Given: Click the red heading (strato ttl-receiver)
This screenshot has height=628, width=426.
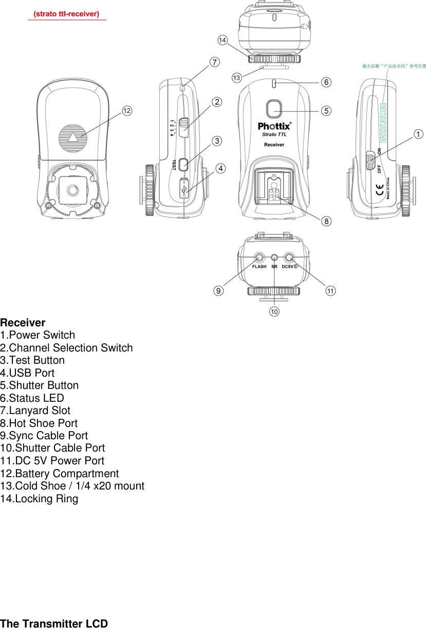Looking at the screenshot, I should click(x=66, y=14).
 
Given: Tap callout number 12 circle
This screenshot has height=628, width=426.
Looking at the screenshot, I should click(x=127, y=110).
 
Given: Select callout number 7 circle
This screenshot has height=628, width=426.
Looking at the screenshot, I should click(x=215, y=62).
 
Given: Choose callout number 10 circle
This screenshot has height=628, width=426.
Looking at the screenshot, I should click(x=274, y=311).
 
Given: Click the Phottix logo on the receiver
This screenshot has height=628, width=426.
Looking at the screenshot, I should click(x=274, y=126).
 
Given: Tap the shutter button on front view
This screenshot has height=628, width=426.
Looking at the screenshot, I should click(x=275, y=109).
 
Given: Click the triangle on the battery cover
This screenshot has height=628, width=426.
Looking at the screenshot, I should click(x=73, y=137).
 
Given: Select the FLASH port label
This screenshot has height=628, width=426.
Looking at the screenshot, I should click(x=259, y=267).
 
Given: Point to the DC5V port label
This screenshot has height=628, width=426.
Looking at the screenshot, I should click(x=290, y=267).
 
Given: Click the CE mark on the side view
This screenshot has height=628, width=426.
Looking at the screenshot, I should click(x=380, y=186).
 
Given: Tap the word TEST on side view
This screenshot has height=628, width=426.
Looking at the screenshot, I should click(x=174, y=165).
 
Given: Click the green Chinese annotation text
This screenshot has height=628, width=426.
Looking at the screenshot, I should click(x=394, y=66).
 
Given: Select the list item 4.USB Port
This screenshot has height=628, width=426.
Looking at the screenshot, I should click(x=27, y=373).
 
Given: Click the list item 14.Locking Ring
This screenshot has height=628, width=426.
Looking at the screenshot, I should click(x=39, y=499).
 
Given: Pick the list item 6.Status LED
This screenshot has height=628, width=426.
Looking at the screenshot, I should click(x=32, y=398).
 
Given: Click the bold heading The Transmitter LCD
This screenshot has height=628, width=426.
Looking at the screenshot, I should click(x=54, y=623).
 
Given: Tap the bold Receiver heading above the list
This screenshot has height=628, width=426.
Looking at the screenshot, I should click(x=23, y=323).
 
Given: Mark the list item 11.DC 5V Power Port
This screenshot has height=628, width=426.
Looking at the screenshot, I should click(x=52, y=461).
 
